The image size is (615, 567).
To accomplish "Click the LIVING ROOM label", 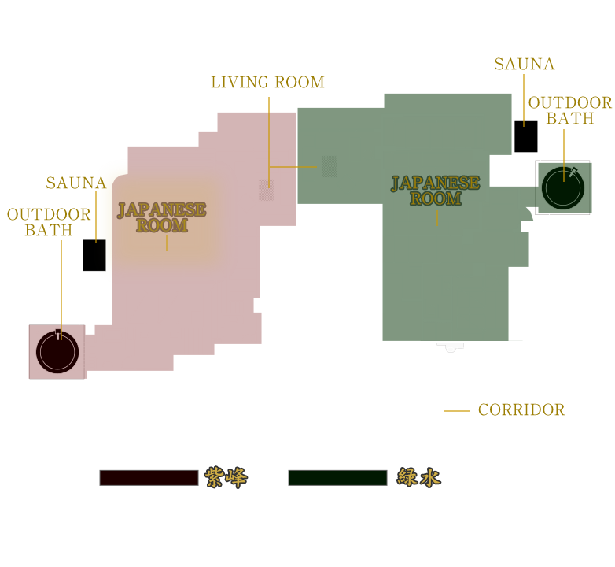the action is (268, 82).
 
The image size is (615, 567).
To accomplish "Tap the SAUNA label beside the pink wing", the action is (76, 183).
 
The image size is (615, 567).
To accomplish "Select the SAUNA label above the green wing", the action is (525, 64).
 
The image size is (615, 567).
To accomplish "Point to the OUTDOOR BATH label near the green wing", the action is (570, 110).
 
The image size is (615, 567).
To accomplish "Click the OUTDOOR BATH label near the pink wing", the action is (49, 222).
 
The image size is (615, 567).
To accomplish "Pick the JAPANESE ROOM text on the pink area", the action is (161, 217).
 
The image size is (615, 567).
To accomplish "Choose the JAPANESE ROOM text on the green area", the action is (436, 191).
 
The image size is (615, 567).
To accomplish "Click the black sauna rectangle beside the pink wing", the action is (94, 255).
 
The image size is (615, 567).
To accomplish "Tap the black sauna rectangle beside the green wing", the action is (526, 136).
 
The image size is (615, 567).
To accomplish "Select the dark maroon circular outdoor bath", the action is (57, 352).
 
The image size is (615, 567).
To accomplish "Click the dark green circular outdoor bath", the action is (563, 188).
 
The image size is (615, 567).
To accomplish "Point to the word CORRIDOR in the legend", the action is (521, 410).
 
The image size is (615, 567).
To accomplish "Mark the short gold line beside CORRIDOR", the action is (457, 411).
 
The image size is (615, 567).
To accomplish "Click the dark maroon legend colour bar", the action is (149, 478).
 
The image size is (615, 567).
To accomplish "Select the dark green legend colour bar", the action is (337, 478).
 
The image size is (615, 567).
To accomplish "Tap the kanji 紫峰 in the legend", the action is (226, 477).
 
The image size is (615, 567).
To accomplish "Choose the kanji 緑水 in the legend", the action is (419, 477).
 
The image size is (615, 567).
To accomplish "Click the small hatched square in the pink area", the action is (267, 190).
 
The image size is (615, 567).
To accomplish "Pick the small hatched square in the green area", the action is (330, 166).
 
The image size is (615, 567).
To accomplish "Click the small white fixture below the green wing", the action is (451, 347).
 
